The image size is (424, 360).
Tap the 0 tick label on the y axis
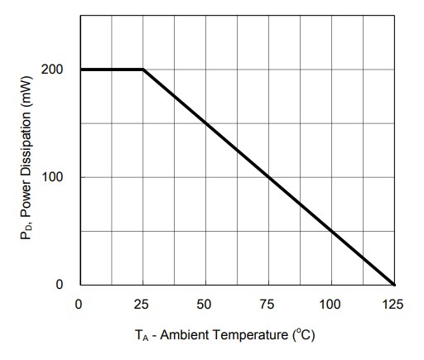coord(59,285)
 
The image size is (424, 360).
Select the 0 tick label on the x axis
coord(79,305)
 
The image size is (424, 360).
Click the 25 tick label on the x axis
coord(142,305)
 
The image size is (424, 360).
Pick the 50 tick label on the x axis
coord(205,305)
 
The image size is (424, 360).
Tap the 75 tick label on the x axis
coord(268,305)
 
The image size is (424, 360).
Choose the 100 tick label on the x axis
coord(331,305)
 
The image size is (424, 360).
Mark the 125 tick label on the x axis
coord(394,305)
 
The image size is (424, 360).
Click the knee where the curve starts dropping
coord(143,70)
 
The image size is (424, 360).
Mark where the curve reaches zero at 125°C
coord(394,285)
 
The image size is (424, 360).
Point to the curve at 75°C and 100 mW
coord(268,177)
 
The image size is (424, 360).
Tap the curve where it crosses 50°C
coord(205,123)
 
